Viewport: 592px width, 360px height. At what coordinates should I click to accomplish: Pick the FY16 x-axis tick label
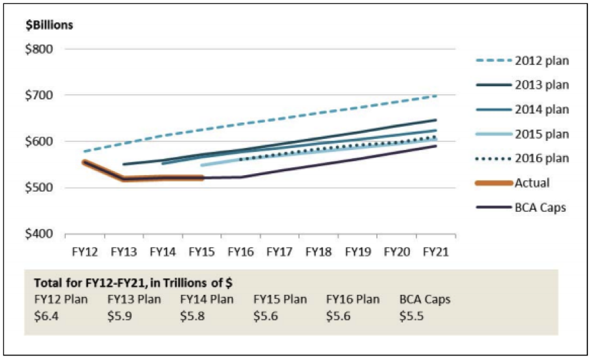(x=241, y=251)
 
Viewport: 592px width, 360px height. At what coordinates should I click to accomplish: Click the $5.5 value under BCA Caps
(x=410, y=316)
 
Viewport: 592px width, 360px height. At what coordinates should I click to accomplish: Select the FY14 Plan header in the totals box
(x=207, y=300)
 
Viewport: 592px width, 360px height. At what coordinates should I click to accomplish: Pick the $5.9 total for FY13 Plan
(x=118, y=316)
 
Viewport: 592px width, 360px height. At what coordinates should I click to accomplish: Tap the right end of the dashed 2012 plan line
(x=436, y=95)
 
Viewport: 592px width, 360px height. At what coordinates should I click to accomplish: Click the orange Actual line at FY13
(x=123, y=179)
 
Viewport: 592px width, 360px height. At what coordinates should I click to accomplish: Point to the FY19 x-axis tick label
(x=358, y=251)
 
